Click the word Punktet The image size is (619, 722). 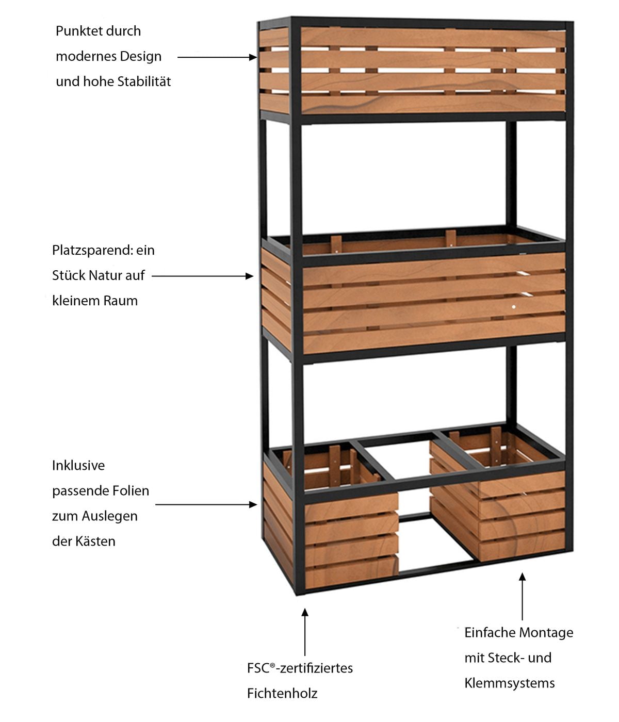point(76,31)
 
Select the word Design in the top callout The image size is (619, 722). point(142,56)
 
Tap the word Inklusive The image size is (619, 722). point(78,465)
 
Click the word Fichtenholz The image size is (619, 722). point(282,693)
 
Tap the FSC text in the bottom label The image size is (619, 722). point(258,668)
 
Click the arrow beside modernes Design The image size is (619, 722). point(217,57)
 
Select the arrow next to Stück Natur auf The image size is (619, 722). point(203,276)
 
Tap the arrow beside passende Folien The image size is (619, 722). point(206,504)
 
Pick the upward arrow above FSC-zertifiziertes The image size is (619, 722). point(305,632)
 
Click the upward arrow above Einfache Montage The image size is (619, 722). point(522,596)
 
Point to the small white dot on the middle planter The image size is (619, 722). point(514,307)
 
